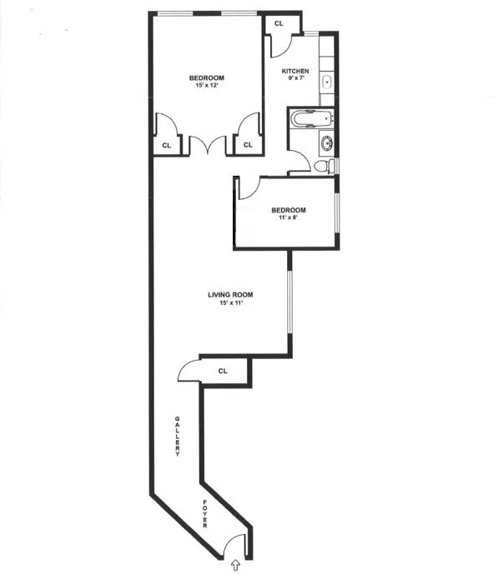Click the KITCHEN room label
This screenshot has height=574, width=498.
click(x=295, y=72)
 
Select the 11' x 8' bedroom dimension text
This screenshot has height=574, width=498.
click(x=288, y=217)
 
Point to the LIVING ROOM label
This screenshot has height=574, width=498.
click(x=230, y=295)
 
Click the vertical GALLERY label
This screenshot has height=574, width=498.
click(x=178, y=436)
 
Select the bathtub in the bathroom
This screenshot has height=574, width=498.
click(x=311, y=117)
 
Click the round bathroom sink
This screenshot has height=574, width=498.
click(x=326, y=142)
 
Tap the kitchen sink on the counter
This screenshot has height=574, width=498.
click(x=326, y=81)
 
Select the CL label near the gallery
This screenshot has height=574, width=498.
click(x=223, y=371)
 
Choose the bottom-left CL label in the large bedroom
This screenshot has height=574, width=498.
click(x=166, y=145)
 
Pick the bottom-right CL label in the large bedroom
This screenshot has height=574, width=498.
click(x=247, y=145)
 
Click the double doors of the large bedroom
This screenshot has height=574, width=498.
click(x=208, y=146)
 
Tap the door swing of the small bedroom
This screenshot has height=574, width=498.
click(x=248, y=189)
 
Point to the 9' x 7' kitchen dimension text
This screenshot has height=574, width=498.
click(x=295, y=81)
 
